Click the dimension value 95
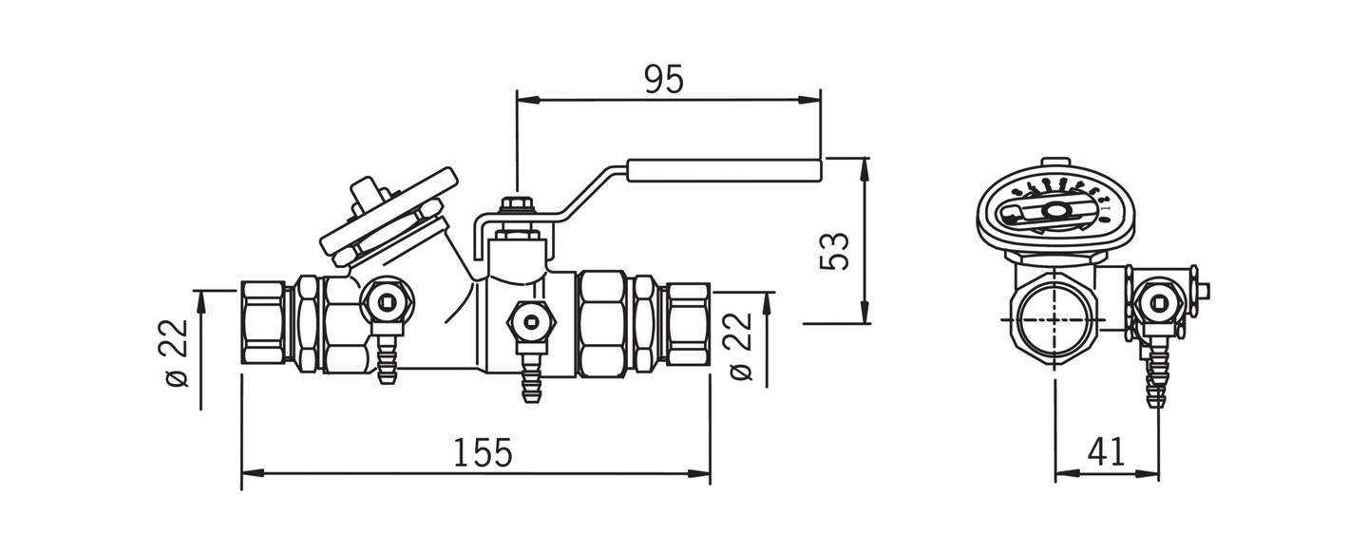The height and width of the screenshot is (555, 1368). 664,80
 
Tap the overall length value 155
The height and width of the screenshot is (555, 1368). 482,453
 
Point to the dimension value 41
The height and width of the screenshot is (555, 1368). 1106,451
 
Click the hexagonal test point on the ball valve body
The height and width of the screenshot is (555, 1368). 530,319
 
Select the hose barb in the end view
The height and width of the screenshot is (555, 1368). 1156,375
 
